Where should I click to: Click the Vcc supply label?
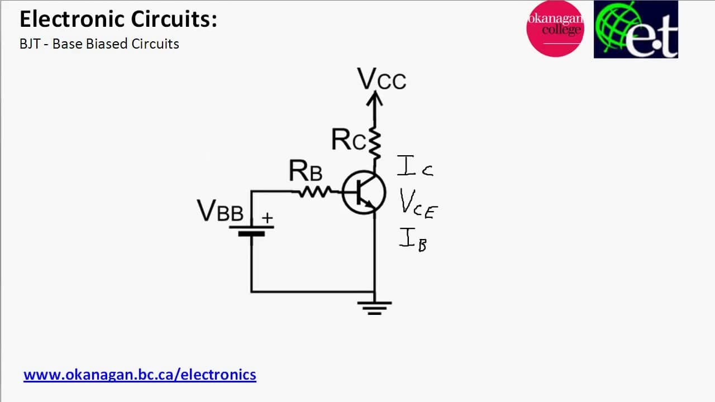[x=382, y=79]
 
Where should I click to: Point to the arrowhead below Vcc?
[x=375, y=98]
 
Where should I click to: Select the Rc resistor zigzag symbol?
[x=375, y=143]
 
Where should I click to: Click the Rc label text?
[x=349, y=140]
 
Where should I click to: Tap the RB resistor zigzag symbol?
[x=315, y=192]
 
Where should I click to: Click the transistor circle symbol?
[x=364, y=193]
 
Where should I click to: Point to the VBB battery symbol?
[x=251, y=231]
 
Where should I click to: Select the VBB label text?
[x=220, y=210]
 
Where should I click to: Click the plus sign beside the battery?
[x=267, y=218]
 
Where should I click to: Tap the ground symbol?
[x=374, y=308]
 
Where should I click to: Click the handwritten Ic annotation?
[x=415, y=166]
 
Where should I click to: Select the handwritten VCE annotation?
[x=418, y=204]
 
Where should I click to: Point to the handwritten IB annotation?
[x=413, y=240]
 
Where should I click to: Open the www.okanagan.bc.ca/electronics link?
[x=140, y=375]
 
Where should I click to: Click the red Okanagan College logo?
[x=555, y=28]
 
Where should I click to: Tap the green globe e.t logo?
[x=636, y=30]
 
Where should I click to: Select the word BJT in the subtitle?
[x=30, y=44]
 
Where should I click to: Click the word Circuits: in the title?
[x=174, y=19]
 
